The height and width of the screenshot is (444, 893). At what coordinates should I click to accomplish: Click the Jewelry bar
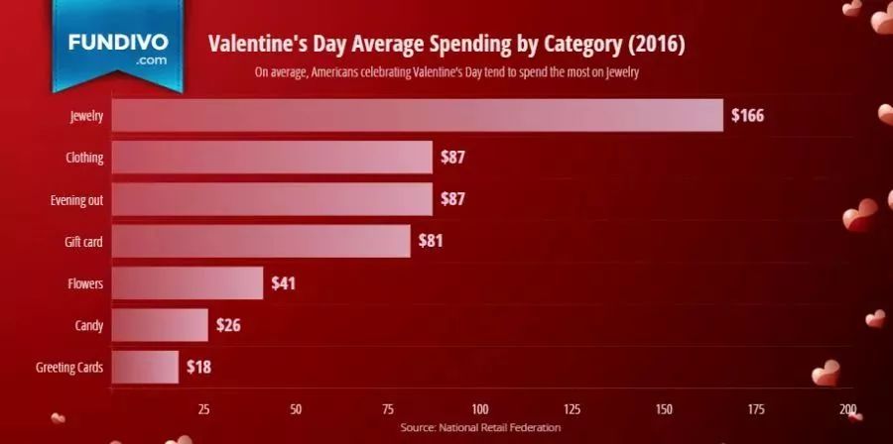point(417,115)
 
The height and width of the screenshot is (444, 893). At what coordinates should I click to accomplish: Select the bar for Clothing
point(272,158)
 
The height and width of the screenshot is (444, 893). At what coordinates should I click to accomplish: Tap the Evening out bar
point(272,199)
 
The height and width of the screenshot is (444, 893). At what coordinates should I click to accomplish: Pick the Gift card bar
point(260,241)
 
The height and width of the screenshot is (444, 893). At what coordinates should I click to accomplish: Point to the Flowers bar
point(187,283)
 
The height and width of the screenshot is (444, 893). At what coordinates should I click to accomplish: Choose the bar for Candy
point(160,325)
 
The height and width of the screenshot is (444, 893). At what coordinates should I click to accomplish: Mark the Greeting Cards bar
point(145,367)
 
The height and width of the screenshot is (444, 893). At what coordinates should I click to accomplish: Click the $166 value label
point(747,115)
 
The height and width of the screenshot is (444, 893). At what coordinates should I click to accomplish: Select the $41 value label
point(283,283)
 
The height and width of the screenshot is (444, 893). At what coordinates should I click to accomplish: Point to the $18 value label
point(198,367)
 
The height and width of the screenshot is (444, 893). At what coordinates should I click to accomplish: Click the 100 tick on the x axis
point(480,408)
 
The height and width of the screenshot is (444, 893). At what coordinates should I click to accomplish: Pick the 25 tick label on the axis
point(204,408)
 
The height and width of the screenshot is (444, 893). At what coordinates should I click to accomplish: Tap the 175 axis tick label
point(756,408)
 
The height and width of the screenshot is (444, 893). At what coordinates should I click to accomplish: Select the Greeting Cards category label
point(69,368)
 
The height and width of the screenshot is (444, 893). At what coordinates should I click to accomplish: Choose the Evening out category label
point(77,199)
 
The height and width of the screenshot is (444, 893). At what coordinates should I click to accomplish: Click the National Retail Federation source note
point(480,427)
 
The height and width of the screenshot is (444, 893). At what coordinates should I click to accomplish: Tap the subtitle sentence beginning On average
point(446,72)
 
